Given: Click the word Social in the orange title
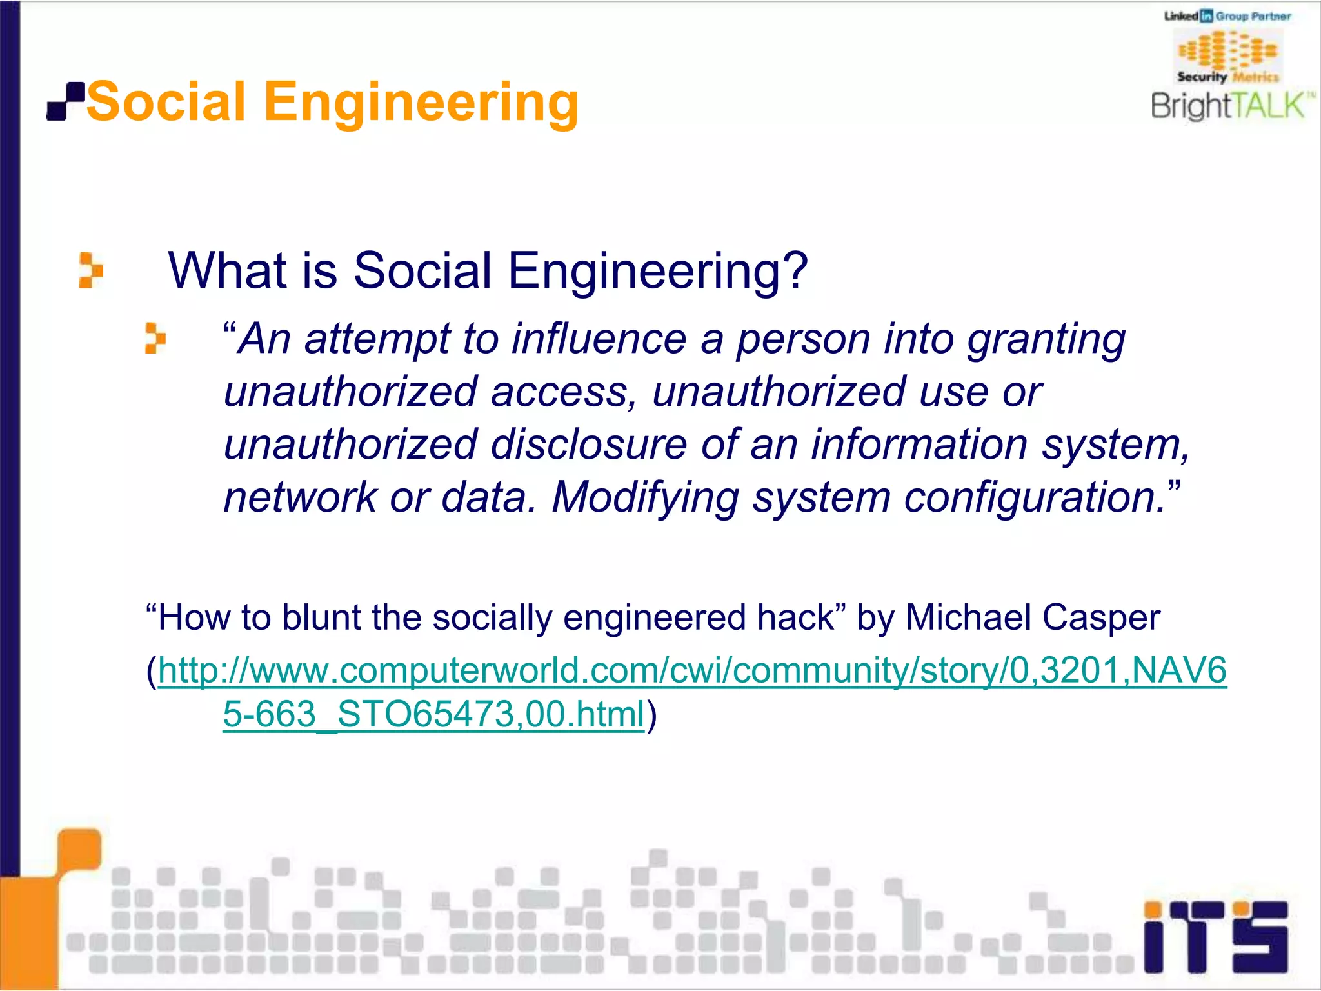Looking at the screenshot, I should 166,102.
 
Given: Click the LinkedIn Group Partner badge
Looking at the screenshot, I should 1227,16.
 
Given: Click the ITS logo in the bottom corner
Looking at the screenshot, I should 1215,937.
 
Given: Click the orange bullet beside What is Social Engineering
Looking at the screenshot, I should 90,270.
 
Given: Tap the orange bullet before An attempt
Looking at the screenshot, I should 155,338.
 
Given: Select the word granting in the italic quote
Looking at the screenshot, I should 1046,340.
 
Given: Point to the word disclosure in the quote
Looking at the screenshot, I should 588,445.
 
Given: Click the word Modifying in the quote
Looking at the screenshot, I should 645,498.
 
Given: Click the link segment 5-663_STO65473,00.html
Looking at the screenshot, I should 433,714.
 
